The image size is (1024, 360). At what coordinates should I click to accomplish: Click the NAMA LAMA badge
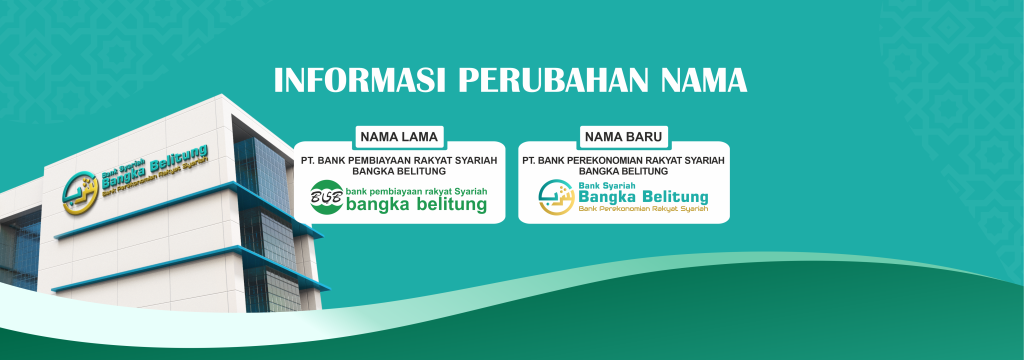399,135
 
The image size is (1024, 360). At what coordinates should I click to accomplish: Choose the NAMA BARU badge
623,135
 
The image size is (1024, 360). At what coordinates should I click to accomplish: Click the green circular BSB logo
326,197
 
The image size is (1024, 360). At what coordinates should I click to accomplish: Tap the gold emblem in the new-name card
556,197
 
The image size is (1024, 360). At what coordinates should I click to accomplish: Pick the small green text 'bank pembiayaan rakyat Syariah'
414,189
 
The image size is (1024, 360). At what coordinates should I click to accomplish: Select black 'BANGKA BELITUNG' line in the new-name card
623,171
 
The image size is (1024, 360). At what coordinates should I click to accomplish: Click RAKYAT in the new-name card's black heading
675,159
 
